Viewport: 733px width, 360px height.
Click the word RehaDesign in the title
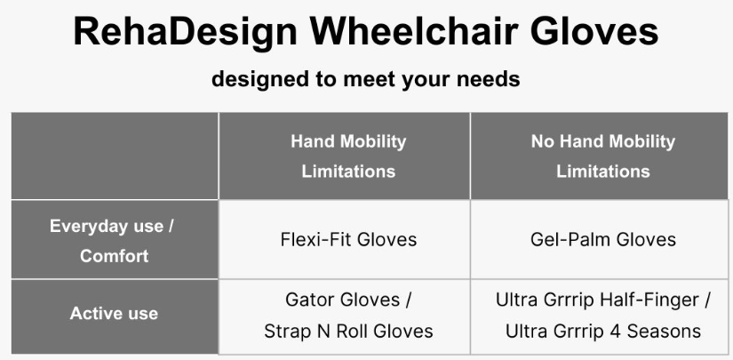(185, 32)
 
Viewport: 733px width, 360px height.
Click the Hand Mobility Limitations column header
(347, 156)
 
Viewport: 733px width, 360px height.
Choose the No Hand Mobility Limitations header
(602, 156)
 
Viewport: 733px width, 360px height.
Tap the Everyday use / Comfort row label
(113, 241)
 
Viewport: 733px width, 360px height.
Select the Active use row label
(114, 314)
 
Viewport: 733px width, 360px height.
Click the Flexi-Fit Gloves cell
(347, 239)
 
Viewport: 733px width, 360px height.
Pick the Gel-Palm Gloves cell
(602, 239)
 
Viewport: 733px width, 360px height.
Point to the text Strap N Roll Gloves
(348, 332)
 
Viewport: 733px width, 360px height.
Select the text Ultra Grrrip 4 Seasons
(602, 332)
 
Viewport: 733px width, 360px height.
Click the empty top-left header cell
(114, 156)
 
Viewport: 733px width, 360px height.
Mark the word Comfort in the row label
(114, 256)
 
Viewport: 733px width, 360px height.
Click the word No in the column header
(543, 141)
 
